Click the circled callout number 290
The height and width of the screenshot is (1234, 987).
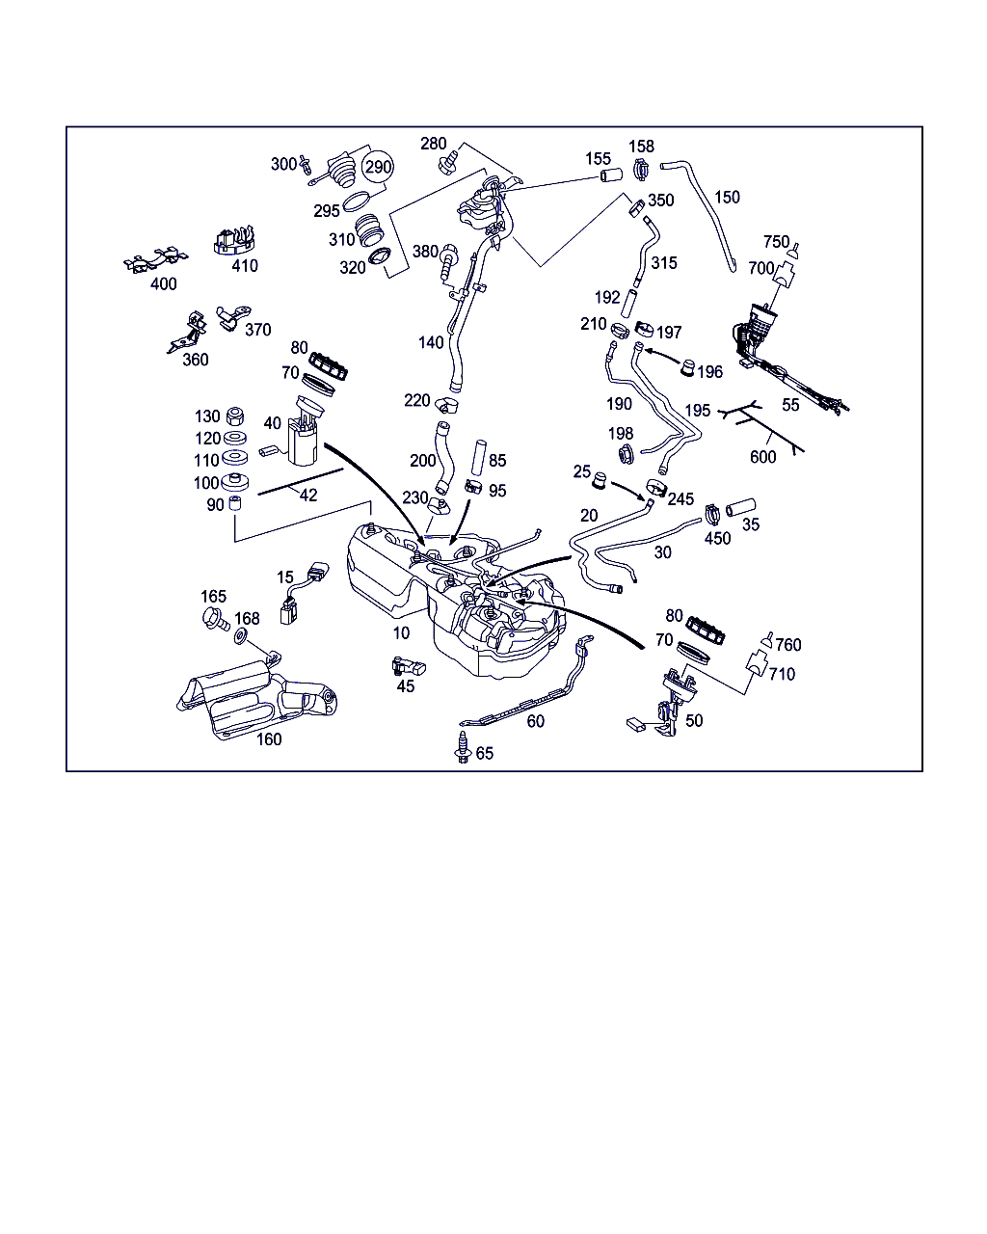pos(378,168)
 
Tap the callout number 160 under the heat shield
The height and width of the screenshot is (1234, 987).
pos(269,739)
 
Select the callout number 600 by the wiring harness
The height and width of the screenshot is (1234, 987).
pos(762,457)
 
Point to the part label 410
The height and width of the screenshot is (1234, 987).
pos(245,266)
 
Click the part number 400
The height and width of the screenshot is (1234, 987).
pos(164,284)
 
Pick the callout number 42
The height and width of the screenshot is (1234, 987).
pos(307,496)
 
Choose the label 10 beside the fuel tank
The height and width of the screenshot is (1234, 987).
pos(401,633)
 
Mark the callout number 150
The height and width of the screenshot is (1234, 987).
pos(727,198)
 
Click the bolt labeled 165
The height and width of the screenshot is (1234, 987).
pos(214,619)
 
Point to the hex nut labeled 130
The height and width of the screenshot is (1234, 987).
pos(234,417)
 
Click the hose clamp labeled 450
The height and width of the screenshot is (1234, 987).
pos(713,514)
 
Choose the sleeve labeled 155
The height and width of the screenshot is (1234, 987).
pos(609,176)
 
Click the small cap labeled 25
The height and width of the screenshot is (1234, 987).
pos(600,480)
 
